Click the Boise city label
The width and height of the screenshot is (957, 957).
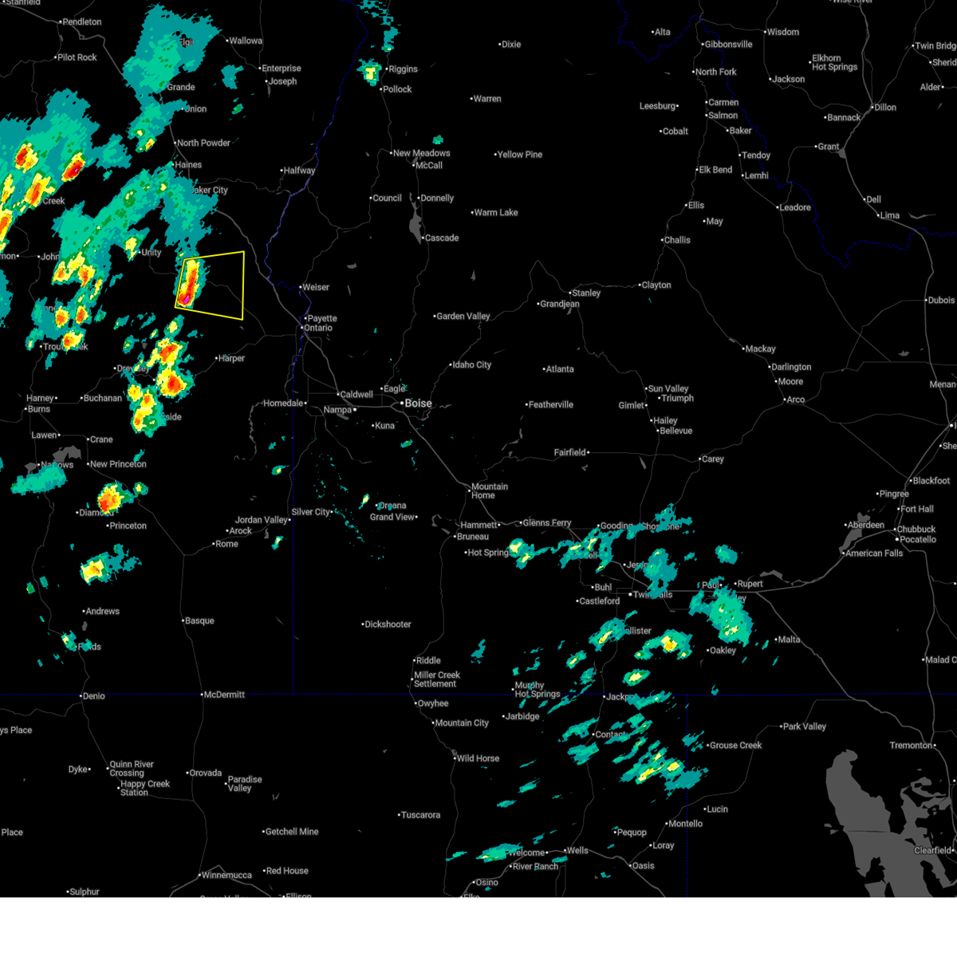[418, 404]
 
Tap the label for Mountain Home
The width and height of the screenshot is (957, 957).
[488, 490]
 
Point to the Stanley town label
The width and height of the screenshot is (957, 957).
[586, 293]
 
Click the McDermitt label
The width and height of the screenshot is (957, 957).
[224, 695]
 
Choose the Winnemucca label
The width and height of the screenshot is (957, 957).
[226, 875]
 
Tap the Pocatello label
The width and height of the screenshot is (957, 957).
[918, 540]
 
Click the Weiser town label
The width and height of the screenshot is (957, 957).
[316, 287]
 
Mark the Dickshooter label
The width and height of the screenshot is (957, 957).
[388, 624]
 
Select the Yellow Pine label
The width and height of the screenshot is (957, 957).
[520, 155]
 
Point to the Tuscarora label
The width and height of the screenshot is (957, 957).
[420, 815]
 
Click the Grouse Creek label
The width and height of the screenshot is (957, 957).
[735, 746]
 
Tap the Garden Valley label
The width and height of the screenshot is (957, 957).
[463, 317]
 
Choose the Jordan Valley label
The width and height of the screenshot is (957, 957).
[262, 520]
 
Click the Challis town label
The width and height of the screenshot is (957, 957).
[677, 240]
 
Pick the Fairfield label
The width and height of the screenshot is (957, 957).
[570, 453]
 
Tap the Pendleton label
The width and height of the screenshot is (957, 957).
[82, 22]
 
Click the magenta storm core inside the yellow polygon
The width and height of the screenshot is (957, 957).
[185, 299]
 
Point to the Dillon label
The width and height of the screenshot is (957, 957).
[885, 108]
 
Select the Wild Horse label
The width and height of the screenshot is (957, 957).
[478, 758]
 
